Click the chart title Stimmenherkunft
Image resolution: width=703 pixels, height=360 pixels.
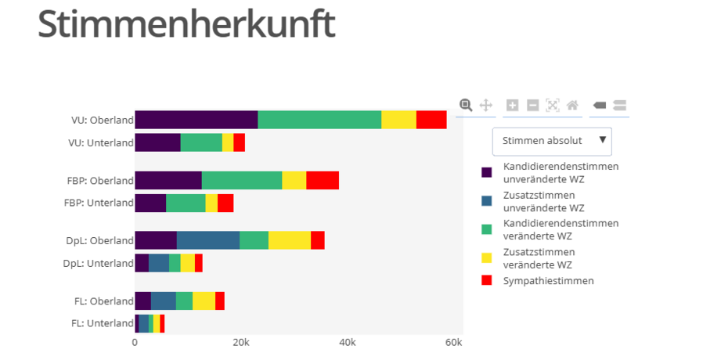[x=186, y=24]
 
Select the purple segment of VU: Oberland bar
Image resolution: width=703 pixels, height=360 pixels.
[x=196, y=120]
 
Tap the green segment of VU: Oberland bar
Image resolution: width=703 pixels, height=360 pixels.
[x=319, y=120]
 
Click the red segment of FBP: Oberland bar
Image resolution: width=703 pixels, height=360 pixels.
[x=322, y=180]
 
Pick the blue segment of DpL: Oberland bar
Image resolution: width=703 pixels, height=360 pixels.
[x=207, y=240]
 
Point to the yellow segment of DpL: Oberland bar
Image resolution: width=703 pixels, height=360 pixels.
[x=289, y=240]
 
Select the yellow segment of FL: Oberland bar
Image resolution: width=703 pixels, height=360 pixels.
[x=204, y=301]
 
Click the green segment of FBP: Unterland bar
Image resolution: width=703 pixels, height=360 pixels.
[x=186, y=203]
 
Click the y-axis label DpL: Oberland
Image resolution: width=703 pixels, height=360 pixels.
[x=99, y=241]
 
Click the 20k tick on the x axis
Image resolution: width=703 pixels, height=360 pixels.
[x=241, y=343]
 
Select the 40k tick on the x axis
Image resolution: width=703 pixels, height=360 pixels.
[x=347, y=343]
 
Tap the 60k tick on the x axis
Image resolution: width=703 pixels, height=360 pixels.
[x=453, y=343]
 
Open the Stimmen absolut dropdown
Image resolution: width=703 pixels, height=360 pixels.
[x=552, y=141]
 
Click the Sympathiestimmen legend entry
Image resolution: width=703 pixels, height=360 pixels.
[x=548, y=280]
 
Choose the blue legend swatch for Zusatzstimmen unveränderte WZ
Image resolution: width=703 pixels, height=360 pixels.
[x=487, y=202]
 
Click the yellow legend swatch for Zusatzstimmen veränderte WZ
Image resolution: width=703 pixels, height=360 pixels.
[x=487, y=257]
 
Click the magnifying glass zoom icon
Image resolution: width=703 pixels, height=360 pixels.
[x=466, y=105]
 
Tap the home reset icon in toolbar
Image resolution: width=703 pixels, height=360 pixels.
[x=572, y=105]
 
